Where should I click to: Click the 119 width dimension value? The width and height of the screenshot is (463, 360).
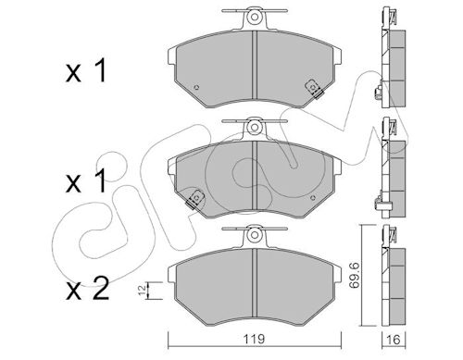(x=254, y=340)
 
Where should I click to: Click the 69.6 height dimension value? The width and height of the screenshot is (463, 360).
(x=354, y=275)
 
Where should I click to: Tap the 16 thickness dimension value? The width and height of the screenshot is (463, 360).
(x=394, y=340)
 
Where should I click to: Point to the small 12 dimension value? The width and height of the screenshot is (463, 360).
(x=143, y=291)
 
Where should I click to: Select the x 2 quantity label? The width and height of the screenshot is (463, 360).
(x=88, y=289)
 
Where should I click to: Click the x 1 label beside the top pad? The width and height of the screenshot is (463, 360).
(x=86, y=71)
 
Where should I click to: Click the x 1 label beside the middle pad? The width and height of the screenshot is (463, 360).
(x=86, y=181)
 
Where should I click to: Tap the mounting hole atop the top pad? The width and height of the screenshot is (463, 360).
(x=255, y=17)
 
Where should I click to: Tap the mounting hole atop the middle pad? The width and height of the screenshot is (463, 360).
(x=255, y=127)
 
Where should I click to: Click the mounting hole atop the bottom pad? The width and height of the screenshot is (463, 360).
(x=255, y=235)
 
